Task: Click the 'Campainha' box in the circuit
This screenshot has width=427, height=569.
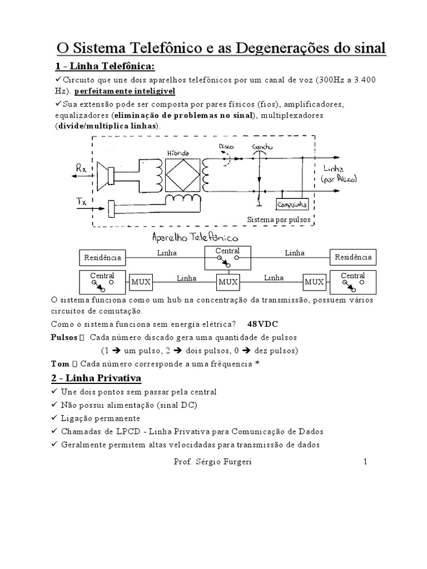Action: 294,205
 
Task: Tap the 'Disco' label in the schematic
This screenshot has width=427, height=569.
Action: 227,147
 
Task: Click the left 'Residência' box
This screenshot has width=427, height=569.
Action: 103,257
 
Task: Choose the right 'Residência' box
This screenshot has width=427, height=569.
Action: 353,257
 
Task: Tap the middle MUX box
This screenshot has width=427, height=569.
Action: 228,282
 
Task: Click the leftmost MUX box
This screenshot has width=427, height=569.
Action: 141,282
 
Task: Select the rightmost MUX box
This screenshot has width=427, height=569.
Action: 314,282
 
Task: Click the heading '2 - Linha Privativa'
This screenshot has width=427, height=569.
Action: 98,378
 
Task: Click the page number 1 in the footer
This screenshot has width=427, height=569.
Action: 365,462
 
